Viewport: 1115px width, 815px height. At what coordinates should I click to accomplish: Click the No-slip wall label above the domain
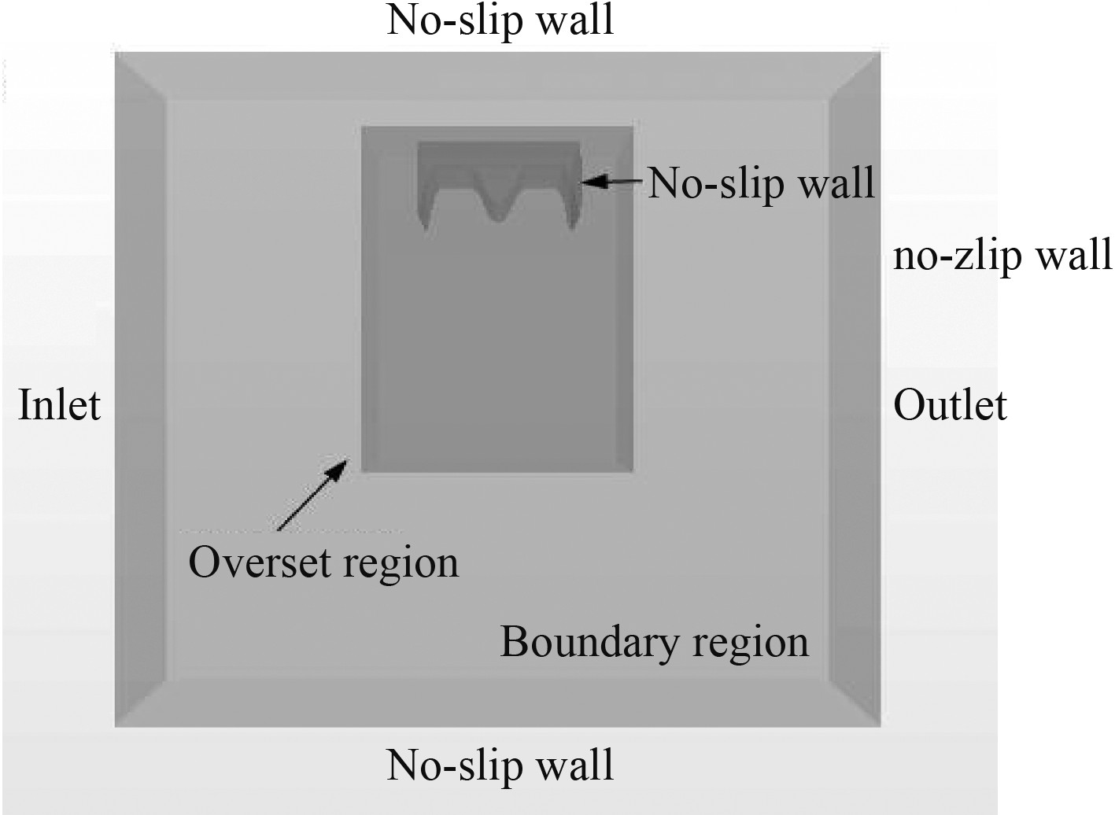tap(500, 21)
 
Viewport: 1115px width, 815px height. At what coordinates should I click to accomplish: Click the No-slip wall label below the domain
tap(500, 765)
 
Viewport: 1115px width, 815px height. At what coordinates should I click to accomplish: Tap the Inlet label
tap(60, 406)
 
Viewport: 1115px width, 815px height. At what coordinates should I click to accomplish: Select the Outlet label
tap(950, 406)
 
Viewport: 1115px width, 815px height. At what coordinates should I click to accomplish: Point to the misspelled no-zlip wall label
tap(1002, 256)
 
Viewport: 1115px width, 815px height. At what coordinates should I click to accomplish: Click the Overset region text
tap(323, 563)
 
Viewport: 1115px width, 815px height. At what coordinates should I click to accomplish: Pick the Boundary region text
tap(654, 642)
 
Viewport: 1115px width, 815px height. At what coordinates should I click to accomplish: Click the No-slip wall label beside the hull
tap(761, 183)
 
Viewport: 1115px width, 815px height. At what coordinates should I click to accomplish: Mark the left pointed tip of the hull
tap(426, 226)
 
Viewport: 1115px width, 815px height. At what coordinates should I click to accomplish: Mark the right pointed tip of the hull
tap(572, 227)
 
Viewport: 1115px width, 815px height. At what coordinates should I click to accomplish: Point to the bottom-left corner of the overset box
tap(362, 471)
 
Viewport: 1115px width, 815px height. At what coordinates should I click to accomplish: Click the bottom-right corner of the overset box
tap(633, 471)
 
